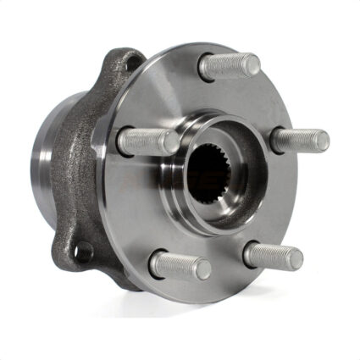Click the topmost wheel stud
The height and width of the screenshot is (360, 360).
[230, 66]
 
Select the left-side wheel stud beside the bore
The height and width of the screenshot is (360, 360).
[147, 141]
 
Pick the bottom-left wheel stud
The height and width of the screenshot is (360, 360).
[179, 265]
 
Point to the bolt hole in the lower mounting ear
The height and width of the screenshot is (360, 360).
[83, 251]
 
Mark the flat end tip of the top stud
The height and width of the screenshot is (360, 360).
[252, 62]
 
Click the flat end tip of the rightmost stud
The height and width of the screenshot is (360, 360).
[323, 141]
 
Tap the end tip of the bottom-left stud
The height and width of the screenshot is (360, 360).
[203, 270]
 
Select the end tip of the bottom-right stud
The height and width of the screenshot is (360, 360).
[296, 258]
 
